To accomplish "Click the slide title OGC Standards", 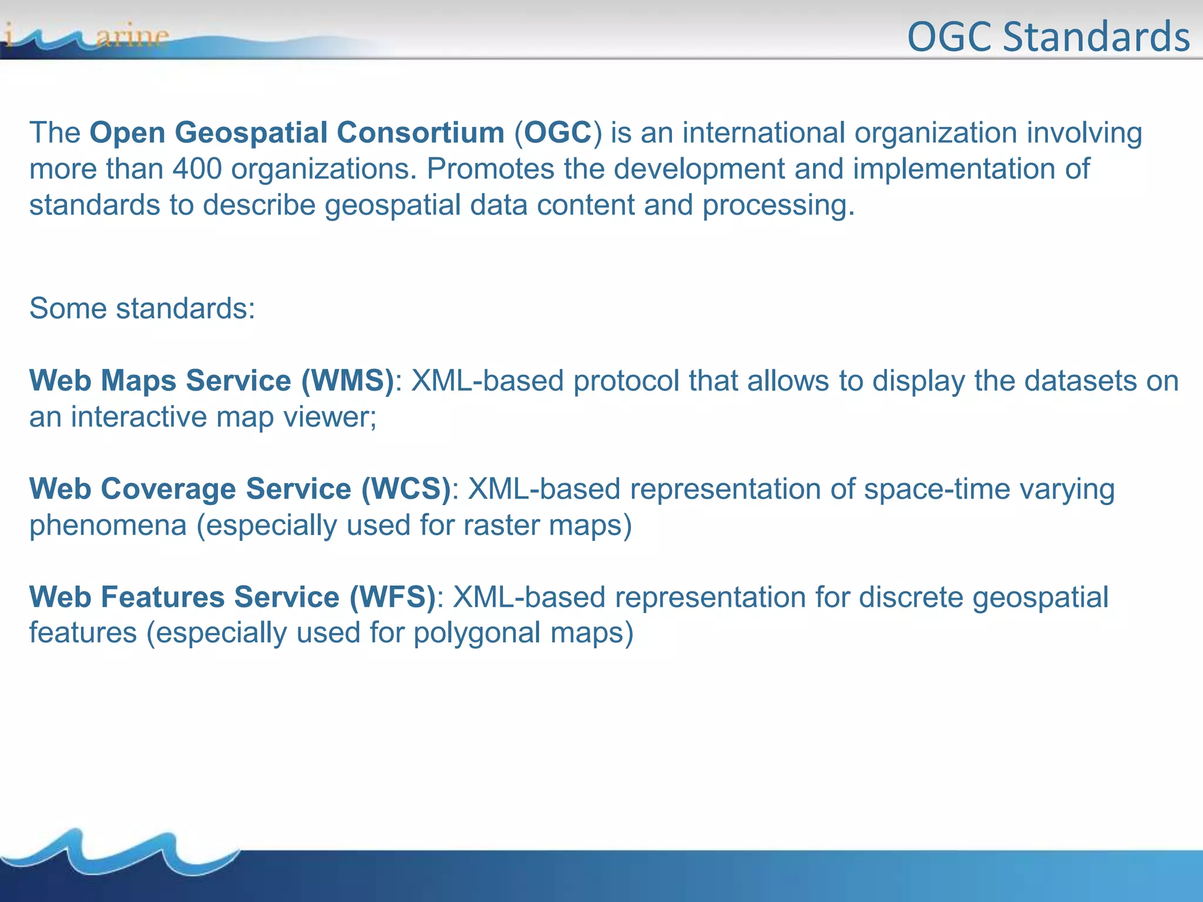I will [x=1048, y=36].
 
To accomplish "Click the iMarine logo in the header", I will [x=88, y=36].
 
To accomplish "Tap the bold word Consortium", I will [x=421, y=133].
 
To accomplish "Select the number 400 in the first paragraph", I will [x=197, y=169].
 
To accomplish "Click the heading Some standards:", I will [x=142, y=308].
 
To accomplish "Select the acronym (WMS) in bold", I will [x=347, y=381].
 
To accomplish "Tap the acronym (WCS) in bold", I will [x=405, y=489].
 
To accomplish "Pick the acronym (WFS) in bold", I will [x=392, y=597].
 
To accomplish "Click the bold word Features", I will [x=163, y=597].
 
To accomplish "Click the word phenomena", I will [x=108, y=525].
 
